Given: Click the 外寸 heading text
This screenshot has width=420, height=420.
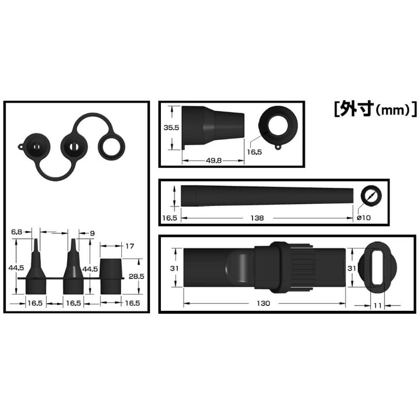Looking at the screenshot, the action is [358, 109].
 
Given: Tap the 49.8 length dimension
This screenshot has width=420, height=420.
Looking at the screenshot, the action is [214, 160].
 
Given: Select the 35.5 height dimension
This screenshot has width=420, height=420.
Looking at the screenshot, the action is [172, 128].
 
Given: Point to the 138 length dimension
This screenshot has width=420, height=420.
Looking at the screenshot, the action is [257, 218].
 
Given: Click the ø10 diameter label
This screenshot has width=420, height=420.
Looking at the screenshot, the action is [364, 218].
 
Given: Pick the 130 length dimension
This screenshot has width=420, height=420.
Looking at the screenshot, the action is [263, 303].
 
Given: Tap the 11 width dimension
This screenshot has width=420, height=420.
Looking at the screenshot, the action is [377, 305].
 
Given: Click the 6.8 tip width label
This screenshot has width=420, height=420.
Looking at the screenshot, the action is [17, 232].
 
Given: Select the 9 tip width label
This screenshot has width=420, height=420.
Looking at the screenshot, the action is [92, 233].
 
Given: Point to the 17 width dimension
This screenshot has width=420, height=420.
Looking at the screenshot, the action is [130, 246].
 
